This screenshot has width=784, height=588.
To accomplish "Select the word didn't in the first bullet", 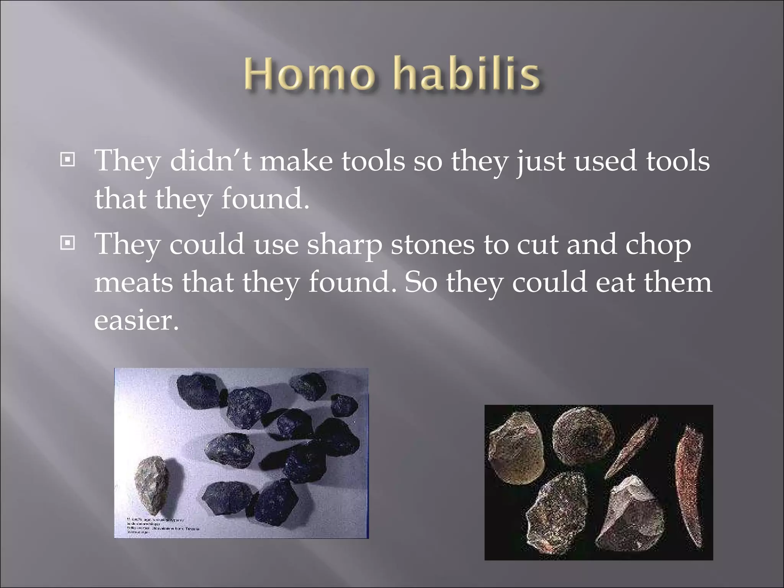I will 210,161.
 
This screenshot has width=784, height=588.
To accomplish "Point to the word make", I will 296,161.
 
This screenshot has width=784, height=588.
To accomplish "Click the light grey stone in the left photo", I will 153,484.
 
